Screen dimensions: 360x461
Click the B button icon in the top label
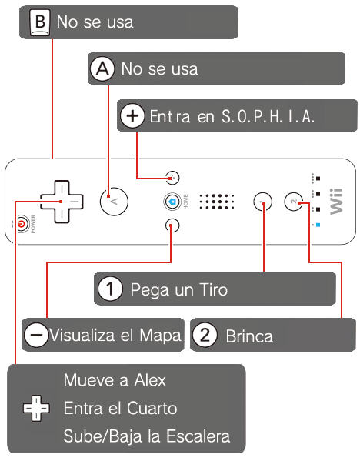point(40,22)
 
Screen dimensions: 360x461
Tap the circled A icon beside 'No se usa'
point(102,68)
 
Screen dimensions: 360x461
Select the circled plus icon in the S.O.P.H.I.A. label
point(132,116)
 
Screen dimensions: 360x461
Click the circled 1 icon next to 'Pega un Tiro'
point(110,289)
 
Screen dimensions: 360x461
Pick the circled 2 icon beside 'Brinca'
point(205,335)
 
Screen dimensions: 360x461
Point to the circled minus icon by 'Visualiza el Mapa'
point(36,335)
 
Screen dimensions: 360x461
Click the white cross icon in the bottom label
point(36,408)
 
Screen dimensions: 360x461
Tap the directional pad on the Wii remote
point(62,202)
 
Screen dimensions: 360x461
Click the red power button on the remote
point(22,225)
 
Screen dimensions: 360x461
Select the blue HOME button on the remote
point(172,202)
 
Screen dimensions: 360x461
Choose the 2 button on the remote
point(293,202)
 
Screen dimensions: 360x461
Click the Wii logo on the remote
point(336,202)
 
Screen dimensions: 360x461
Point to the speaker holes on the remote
point(217,202)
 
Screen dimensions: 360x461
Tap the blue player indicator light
point(318,225)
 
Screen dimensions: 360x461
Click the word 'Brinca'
point(249,336)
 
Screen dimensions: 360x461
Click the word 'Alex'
point(150,380)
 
